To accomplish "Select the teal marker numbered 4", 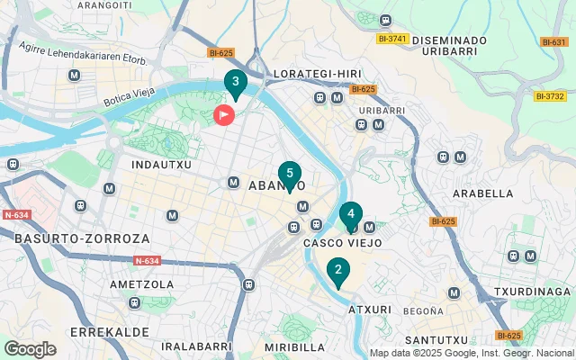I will [350, 215].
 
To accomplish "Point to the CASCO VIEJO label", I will [343, 243].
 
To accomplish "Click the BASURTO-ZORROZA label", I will [68, 238].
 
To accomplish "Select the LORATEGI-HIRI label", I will [315, 73].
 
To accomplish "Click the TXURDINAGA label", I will [533, 292].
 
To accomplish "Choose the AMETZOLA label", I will [141, 284].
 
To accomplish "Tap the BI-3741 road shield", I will [393, 39].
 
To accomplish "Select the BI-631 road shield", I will [553, 42].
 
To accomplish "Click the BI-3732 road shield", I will [549, 96].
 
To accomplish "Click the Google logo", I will [30, 349].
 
